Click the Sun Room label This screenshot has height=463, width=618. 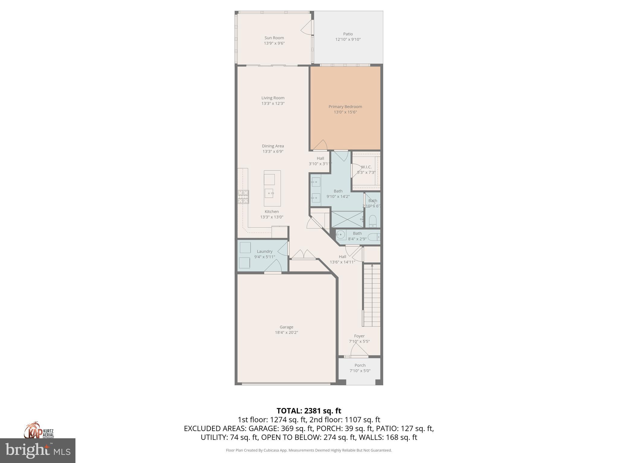tap(274, 38)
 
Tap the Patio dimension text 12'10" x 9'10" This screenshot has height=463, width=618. tap(348, 39)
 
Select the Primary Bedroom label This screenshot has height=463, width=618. tap(345, 106)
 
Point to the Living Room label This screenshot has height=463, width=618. tap(273, 98)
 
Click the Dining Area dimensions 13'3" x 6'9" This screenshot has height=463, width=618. tap(273, 152)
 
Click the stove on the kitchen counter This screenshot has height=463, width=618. tap(243, 197)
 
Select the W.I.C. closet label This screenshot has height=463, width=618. tap(366, 167)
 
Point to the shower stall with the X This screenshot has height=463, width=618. tap(347, 219)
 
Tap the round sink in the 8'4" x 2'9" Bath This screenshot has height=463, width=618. tap(341, 234)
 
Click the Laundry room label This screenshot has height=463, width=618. tap(264, 251)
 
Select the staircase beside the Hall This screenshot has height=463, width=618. tap(372, 295)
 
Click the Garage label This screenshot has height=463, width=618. tap(286, 327)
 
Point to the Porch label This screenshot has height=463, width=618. tap(360, 365)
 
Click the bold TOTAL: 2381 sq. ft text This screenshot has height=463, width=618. tap(309, 411)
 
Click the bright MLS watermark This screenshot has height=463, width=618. tap(38, 450)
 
